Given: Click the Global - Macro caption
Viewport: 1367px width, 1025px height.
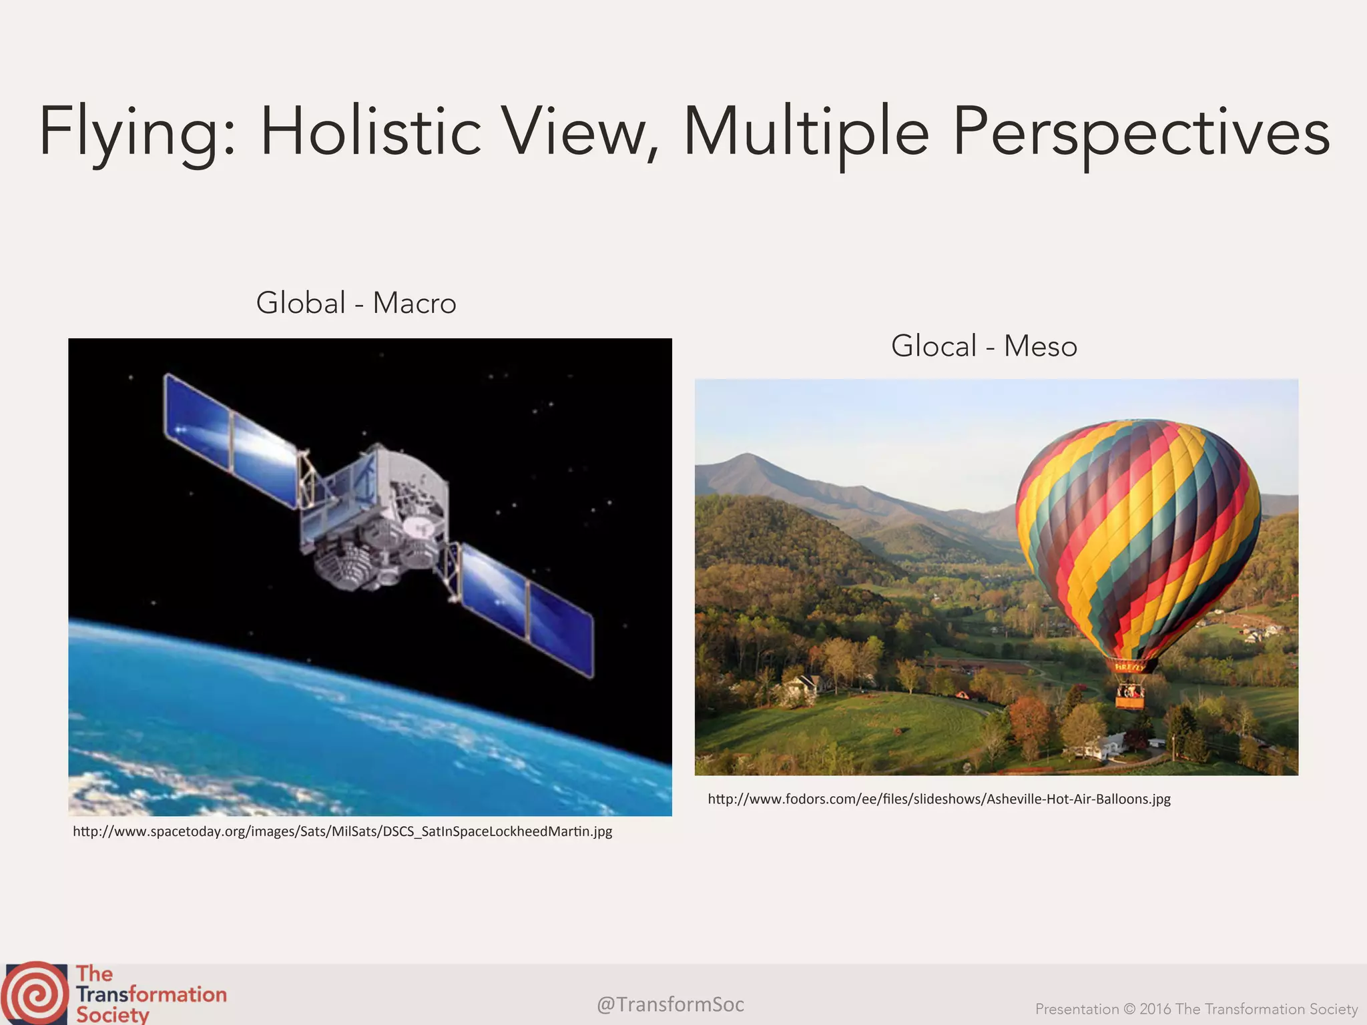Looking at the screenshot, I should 356,303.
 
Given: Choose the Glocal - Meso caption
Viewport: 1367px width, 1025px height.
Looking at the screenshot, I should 984,346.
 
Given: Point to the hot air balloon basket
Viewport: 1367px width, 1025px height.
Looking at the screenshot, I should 1129,697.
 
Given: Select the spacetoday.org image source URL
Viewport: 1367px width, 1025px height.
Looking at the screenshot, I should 342,831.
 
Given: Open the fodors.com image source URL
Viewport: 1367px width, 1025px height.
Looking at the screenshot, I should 939,799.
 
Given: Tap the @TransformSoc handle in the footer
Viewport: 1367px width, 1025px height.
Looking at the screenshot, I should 670,1004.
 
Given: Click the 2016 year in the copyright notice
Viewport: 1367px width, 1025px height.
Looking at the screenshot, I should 1155,1009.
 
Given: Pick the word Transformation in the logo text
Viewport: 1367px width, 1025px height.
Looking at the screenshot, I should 152,994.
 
